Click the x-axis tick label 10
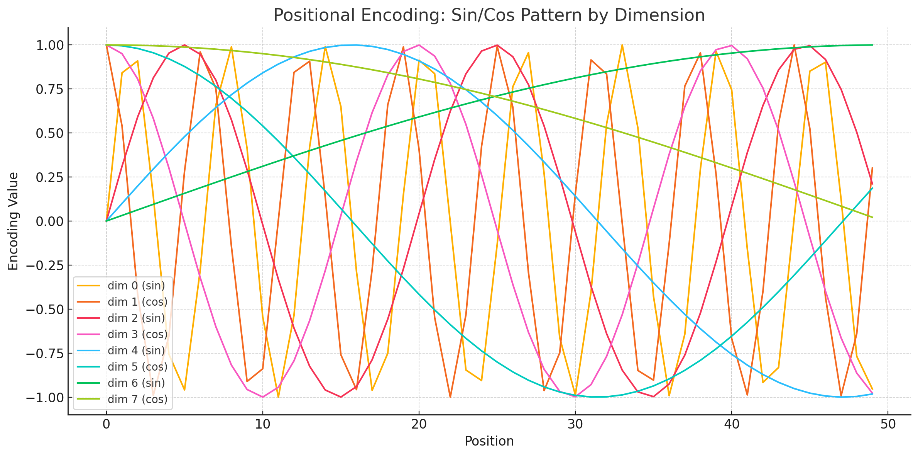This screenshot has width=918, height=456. pos(262,424)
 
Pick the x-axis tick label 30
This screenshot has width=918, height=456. pos(575,424)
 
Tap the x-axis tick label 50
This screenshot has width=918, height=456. pos(888,424)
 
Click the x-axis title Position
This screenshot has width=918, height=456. pos(489,441)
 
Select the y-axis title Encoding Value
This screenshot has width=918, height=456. pos(14,221)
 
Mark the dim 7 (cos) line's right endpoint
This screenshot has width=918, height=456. pos(872,217)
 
